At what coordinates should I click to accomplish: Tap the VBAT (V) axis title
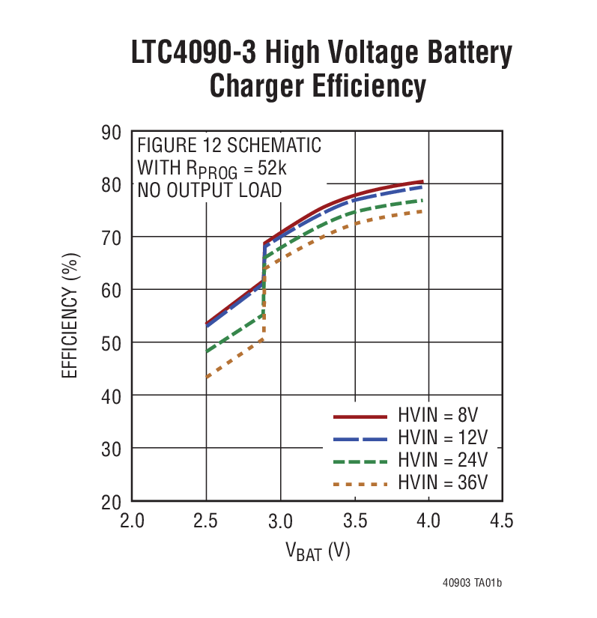pos(318,552)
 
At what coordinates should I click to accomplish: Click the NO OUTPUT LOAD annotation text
pos(209,190)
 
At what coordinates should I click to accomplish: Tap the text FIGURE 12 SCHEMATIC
pos(228,145)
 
